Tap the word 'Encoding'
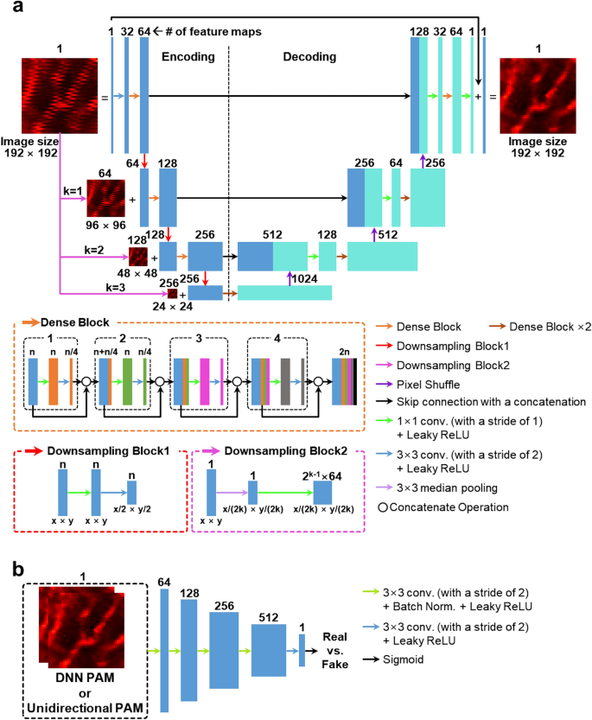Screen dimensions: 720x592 pyautogui.click(x=189, y=56)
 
